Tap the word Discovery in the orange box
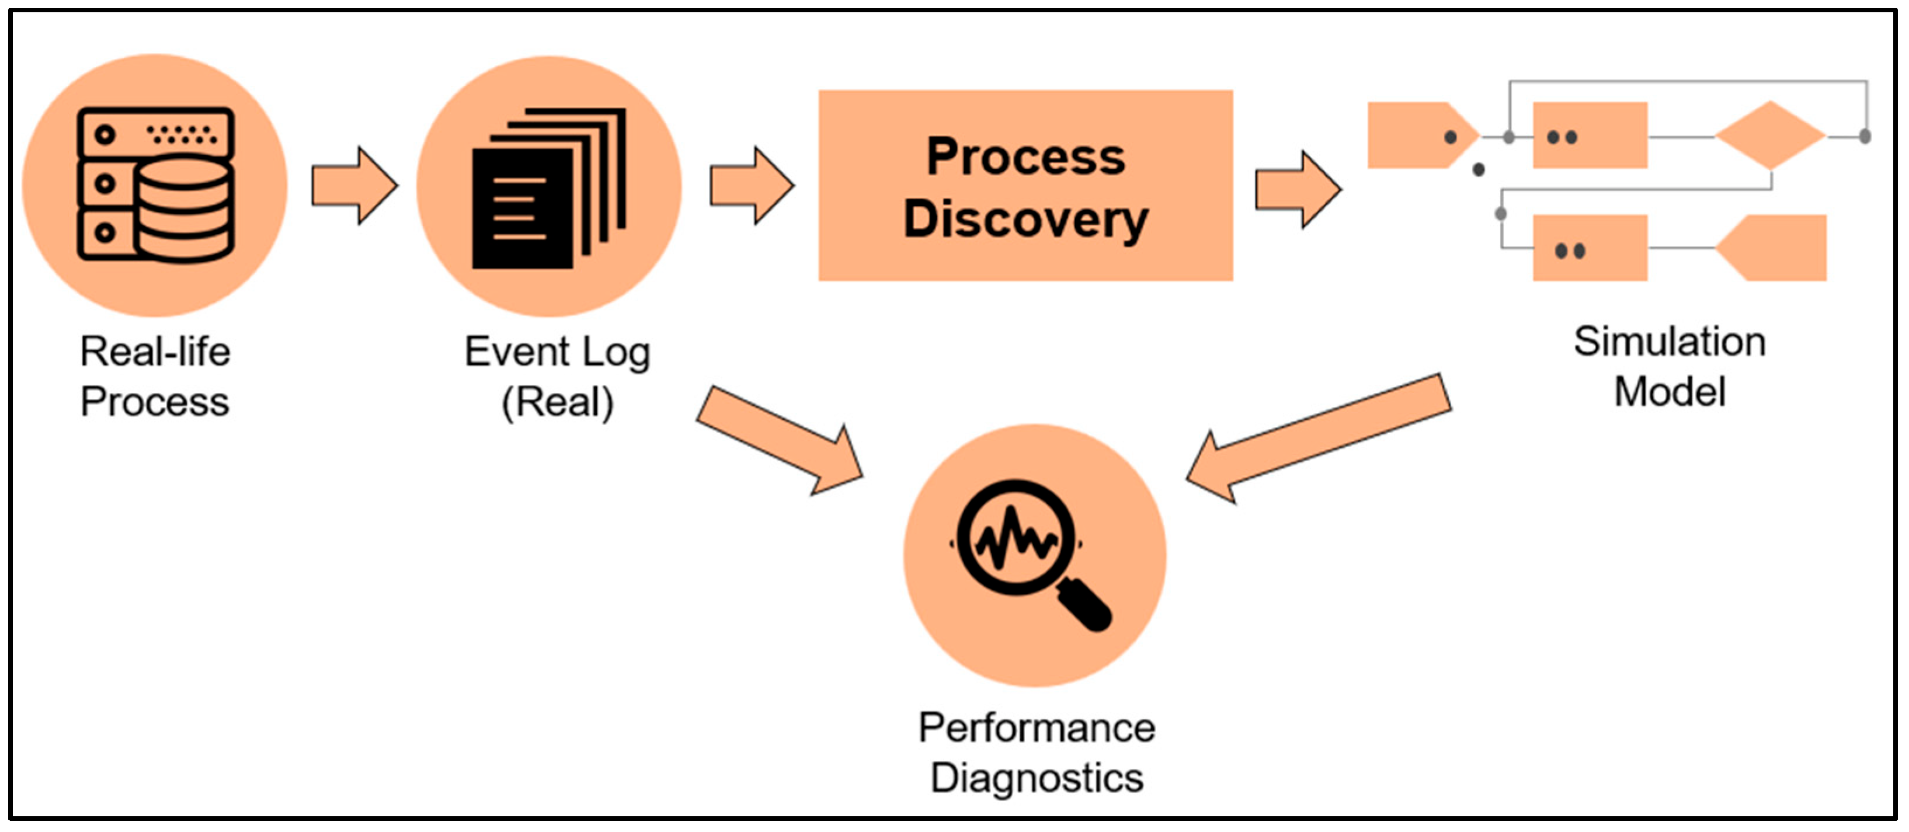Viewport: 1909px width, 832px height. tap(1025, 220)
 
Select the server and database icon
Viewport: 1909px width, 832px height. tap(155, 184)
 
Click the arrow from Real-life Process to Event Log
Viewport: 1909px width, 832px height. tap(354, 185)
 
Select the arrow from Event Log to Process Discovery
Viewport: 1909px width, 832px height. tap(752, 185)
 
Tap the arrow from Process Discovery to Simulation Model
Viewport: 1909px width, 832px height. tap(1297, 190)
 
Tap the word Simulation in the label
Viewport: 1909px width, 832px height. tap(1669, 342)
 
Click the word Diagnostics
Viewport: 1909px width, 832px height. tap(1036, 778)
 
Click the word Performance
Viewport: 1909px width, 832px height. tap(1036, 727)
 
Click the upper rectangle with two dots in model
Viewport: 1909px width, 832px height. tap(1590, 136)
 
